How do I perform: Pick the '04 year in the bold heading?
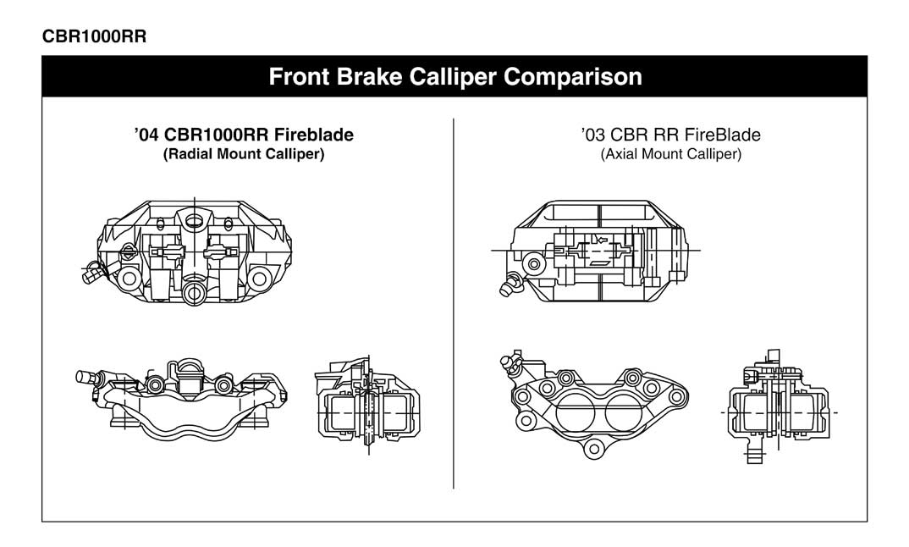pyautogui.click(x=147, y=135)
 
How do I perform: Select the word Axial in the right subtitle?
pyautogui.click(x=620, y=155)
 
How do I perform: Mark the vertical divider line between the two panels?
pyautogui.click(x=454, y=305)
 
